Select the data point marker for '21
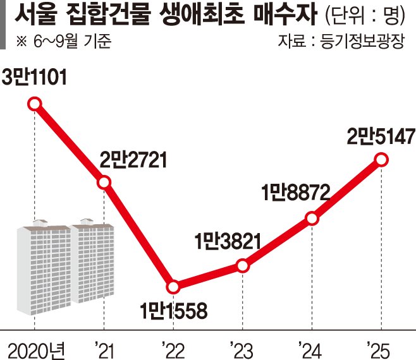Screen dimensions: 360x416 (x=104, y=183)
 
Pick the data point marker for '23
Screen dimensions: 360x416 (x=242, y=267)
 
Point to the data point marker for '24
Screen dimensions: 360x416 (x=312, y=219)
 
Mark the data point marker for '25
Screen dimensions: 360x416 (x=381, y=160)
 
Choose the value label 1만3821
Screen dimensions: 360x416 (x=227, y=241)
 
